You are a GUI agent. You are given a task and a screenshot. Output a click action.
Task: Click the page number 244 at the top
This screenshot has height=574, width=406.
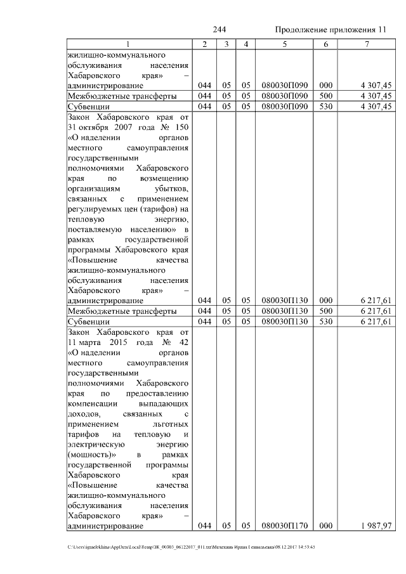point(219,30)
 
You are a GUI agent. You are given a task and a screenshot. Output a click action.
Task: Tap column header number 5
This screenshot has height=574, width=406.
point(284,44)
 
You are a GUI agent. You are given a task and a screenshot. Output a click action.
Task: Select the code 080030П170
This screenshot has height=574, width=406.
point(284,525)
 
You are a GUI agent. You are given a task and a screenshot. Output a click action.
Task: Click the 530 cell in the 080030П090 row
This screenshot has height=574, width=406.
point(325,107)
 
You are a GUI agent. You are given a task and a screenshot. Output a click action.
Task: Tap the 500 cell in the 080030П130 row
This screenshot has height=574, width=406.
point(325,311)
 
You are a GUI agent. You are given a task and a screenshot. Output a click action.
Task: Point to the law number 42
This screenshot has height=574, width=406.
point(183,342)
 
